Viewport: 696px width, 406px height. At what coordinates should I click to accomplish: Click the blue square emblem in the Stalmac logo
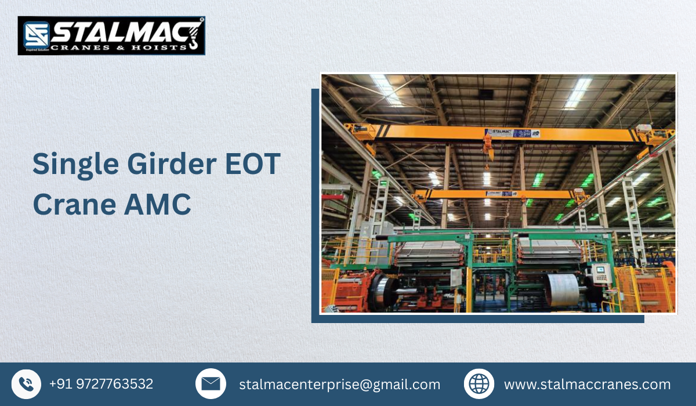pyautogui.click(x=36, y=35)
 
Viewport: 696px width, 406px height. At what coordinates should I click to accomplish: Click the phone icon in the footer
pyautogui.click(x=26, y=384)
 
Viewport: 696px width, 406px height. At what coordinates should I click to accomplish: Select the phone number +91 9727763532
pyautogui.click(x=101, y=384)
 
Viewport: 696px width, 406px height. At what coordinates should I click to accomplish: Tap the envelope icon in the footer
pyautogui.click(x=211, y=384)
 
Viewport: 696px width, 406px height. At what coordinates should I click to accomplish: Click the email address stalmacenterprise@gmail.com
pyautogui.click(x=339, y=384)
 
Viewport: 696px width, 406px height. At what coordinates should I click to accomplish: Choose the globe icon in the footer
pyautogui.click(x=479, y=384)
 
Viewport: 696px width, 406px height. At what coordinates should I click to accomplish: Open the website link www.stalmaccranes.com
pyautogui.click(x=587, y=384)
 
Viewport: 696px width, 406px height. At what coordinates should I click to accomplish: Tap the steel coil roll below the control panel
pyautogui.click(x=563, y=290)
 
